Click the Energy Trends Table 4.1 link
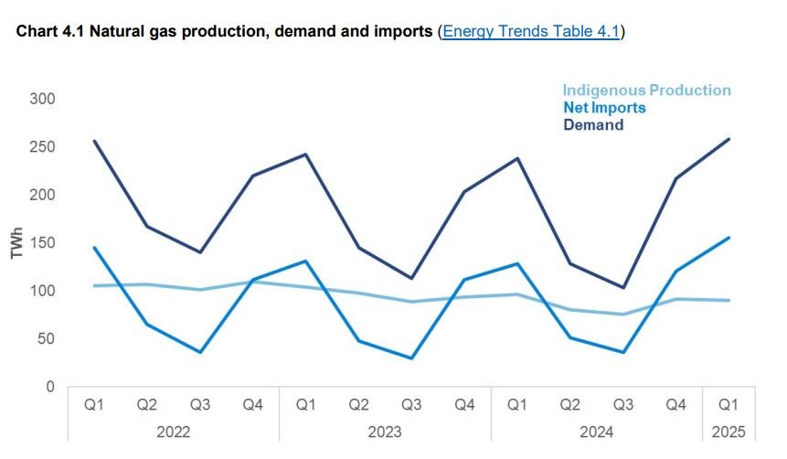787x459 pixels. click(531, 32)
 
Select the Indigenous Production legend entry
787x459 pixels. click(646, 91)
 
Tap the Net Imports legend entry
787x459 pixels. click(604, 108)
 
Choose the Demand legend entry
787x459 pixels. click(593, 125)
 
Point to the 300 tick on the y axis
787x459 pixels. click(43, 99)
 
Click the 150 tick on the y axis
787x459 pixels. click(43, 243)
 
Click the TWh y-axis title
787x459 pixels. click(16, 243)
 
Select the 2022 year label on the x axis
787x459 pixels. click(174, 432)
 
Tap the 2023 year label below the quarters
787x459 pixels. click(385, 432)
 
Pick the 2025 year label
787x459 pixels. click(729, 432)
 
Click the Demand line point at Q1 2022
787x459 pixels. click(94, 141)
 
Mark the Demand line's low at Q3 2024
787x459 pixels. click(622, 288)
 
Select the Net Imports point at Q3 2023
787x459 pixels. click(412, 358)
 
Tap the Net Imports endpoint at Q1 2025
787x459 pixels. click(729, 238)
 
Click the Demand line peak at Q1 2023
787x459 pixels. click(305, 155)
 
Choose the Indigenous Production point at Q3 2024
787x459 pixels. click(622, 315)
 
